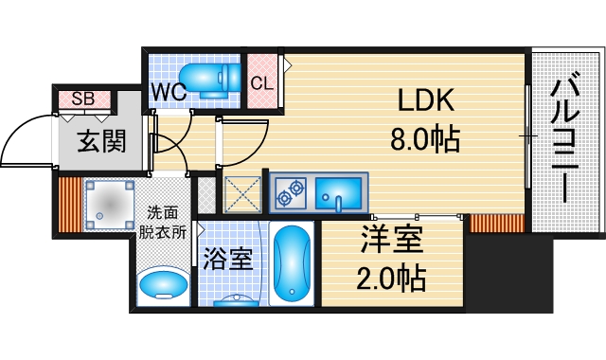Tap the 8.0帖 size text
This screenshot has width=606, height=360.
click(425, 140)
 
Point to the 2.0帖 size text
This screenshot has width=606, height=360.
click(392, 279)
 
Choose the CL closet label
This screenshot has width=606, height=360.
click(261, 82)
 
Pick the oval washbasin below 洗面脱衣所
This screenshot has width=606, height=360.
click(163, 284)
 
